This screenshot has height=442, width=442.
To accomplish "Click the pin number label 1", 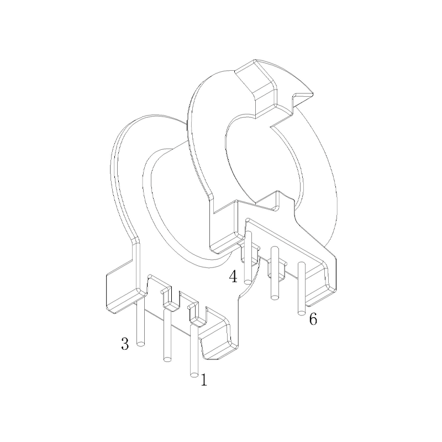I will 204,380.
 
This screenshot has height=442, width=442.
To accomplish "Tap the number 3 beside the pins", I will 125,344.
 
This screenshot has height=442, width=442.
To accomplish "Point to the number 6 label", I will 313,319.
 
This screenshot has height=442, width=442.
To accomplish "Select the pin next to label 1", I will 193,354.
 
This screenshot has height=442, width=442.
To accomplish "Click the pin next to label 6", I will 301,290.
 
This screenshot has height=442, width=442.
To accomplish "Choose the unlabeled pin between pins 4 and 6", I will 275,276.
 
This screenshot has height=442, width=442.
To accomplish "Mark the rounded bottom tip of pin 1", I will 194,376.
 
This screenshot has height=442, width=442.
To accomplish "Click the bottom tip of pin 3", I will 141,344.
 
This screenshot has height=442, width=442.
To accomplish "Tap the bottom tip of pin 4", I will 248,282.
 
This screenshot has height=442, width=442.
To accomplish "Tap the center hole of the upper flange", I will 260,160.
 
